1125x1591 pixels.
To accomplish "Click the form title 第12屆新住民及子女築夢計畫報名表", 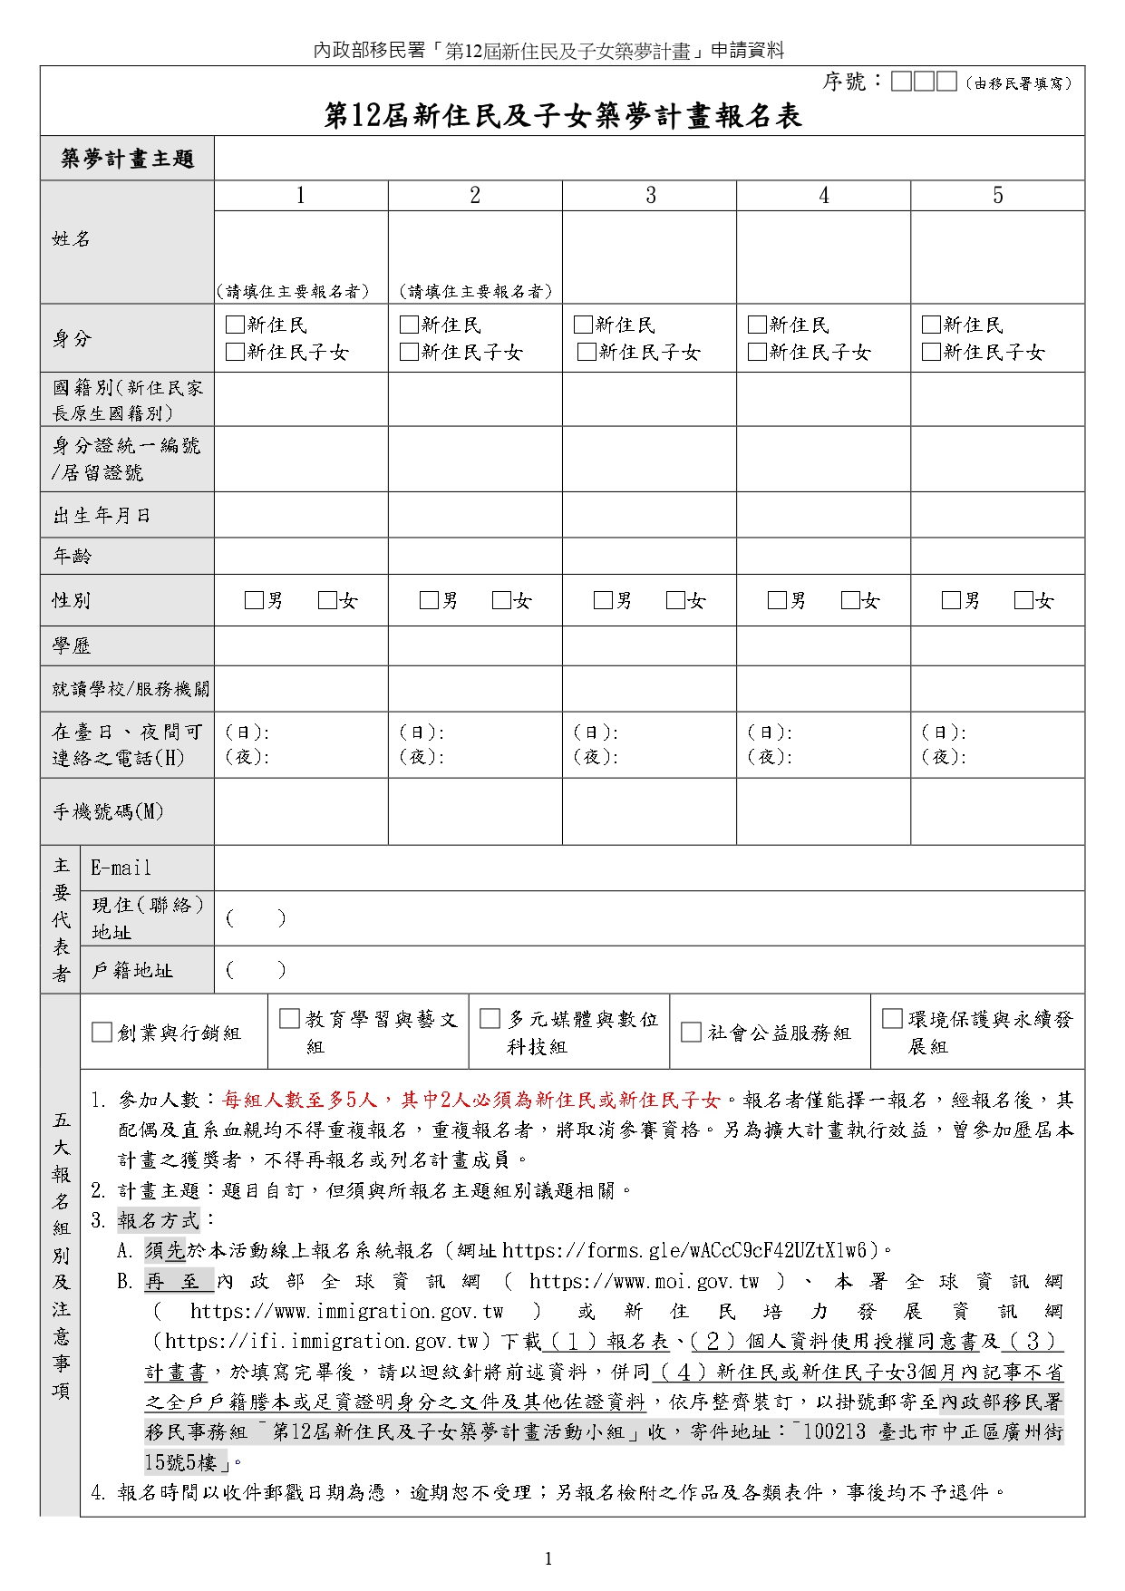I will coord(562,116).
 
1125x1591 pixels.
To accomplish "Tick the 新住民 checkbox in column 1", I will coord(235,325).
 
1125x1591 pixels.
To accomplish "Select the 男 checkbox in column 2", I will coord(429,600).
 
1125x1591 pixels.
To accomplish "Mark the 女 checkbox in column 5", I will coord(1023,600).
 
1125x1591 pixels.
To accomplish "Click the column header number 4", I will coord(823,196).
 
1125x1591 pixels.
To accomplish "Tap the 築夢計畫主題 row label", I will coord(127,159).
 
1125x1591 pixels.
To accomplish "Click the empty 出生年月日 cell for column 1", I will coord(301,515).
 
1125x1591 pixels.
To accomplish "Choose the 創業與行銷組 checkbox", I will coord(102,1033).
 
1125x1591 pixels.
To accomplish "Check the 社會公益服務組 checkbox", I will coord(692,1033).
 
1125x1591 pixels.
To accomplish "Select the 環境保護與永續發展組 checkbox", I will coord(893,1019).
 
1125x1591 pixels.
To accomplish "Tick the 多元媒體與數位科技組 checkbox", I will coord(490,1019).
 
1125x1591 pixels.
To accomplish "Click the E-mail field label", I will coord(121,868).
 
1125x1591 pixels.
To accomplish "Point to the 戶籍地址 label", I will coord(132,971).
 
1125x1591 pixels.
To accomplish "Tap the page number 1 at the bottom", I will coord(548,1558).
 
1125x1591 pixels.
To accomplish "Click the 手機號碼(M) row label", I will coord(108,811).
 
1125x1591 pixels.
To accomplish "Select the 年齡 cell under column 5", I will coord(997,556).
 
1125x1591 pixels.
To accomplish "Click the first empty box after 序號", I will coord(901,82).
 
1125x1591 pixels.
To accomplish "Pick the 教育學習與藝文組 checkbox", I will coord(290,1019).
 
